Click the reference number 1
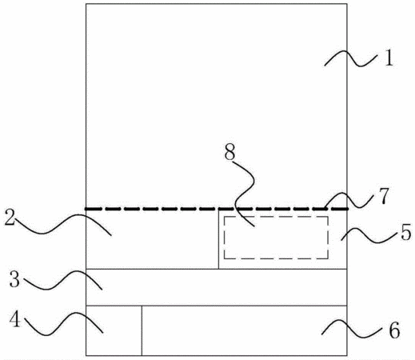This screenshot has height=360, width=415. coord(389,58)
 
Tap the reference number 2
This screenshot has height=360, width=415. coord(10,218)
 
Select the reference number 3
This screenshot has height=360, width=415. coord(14,279)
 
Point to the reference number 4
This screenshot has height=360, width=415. coord(15,319)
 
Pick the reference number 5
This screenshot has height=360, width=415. coord(406,233)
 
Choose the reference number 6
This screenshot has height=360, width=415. coord(395,330)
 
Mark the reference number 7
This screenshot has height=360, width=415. coord(384,196)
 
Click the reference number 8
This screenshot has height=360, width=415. coord(229,153)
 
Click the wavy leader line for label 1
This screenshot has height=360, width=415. coord(351,58)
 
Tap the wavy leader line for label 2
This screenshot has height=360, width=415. coord(63,224)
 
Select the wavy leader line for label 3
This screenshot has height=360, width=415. coord(63,281)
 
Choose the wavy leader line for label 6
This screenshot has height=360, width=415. coord(352,328)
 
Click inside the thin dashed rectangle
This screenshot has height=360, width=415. coord(276,238)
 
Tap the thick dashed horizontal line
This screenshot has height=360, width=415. coord(217,209)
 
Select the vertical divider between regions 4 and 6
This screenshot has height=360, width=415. coord(142,330)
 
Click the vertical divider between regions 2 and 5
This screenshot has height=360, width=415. coord(218,239)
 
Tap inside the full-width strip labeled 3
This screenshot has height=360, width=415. coord(217,287)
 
